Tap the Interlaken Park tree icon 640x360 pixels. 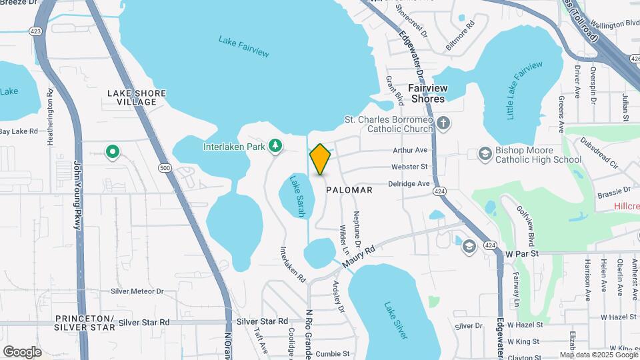click(x=275, y=145)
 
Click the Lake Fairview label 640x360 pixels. click(x=243, y=45)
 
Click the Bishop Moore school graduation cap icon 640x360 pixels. click(x=485, y=154)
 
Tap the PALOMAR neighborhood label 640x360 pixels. click(x=349, y=190)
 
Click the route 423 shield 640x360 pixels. click(x=34, y=31)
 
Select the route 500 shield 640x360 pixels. click(x=164, y=168)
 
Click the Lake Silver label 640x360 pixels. click(x=395, y=321)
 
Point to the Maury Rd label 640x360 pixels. click(x=360, y=257)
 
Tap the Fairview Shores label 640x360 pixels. click(x=427, y=93)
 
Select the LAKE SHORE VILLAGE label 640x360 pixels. click(x=136, y=97)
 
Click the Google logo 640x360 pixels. click(x=21, y=351)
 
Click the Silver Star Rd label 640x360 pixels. click(x=144, y=322)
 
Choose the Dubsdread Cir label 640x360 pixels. click(x=600, y=152)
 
